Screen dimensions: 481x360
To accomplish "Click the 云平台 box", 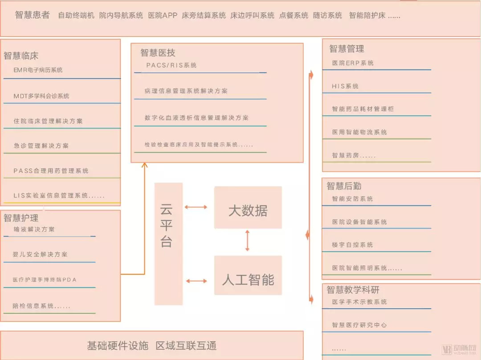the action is (x=168, y=244).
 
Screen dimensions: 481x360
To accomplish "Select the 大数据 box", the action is (x=248, y=207).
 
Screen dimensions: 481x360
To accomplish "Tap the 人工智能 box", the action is (x=248, y=275).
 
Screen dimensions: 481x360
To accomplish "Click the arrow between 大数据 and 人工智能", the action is (x=247, y=241).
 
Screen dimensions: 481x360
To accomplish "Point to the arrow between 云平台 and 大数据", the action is (x=196, y=207).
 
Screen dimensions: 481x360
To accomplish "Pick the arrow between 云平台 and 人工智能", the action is (x=197, y=281).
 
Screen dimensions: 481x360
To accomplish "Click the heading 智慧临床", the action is (x=21, y=56).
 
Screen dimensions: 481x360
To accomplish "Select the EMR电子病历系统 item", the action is (x=38, y=70).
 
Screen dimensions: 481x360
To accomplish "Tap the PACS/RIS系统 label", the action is (x=171, y=65).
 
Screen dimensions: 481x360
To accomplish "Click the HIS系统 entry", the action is (x=345, y=86).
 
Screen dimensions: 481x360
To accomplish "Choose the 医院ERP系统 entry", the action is (x=353, y=63).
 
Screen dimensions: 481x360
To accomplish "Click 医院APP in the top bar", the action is (x=163, y=15).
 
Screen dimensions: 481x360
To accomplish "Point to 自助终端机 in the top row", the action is (x=76, y=15).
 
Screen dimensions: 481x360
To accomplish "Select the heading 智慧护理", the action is (x=21, y=218).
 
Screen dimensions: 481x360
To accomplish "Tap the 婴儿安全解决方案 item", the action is (x=40, y=254).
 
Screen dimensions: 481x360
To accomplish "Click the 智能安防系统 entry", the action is (x=352, y=199).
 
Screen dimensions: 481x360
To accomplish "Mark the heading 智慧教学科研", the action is (x=353, y=290).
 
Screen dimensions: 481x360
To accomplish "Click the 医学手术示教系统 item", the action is (x=359, y=302).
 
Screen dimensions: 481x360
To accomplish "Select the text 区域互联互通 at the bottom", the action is (x=186, y=346).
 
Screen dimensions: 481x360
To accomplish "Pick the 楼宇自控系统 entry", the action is (x=352, y=245).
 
